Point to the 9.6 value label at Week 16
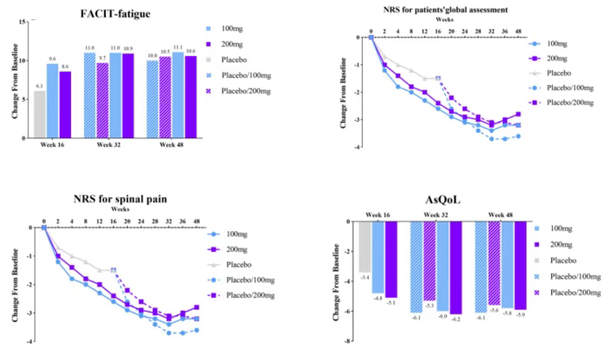(x=52, y=60)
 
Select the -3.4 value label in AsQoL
(x=365, y=277)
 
